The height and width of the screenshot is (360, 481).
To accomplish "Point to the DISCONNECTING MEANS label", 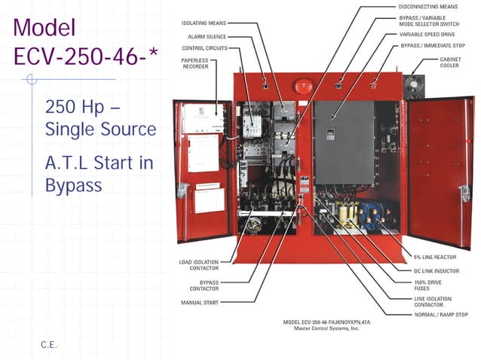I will click(x=427, y=7).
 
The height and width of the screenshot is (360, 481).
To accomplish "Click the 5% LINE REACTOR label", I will click(x=434, y=257).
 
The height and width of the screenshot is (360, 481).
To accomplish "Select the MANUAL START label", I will click(x=200, y=303).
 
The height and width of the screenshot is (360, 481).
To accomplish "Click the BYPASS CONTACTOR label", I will click(x=204, y=285).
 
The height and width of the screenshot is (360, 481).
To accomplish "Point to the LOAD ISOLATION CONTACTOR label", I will click(x=198, y=264).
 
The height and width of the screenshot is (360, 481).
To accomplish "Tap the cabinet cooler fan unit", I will click(x=415, y=86).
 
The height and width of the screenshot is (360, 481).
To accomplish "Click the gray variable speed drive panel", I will click(x=343, y=143).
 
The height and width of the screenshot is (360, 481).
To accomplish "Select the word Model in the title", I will click(x=44, y=28).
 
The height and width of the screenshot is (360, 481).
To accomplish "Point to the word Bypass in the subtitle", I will click(x=73, y=185).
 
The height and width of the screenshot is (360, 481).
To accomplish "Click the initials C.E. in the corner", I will click(x=49, y=345).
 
